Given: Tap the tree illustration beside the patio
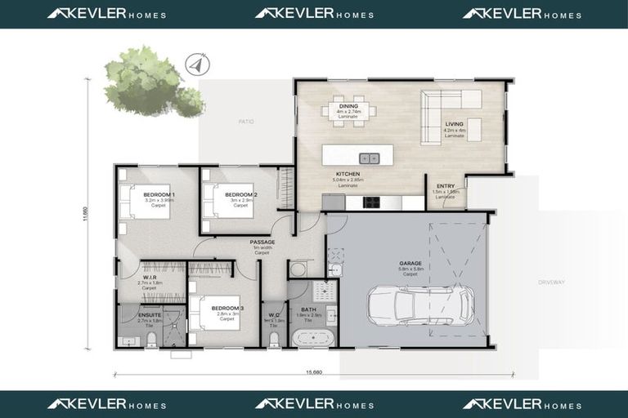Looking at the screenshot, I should click(x=148, y=82).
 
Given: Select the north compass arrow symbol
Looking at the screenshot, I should click(x=195, y=62).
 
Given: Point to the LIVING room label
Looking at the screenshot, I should click(x=454, y=125).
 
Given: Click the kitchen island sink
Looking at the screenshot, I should click(x=370, y=158).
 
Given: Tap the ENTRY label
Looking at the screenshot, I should click(x=446, y=186).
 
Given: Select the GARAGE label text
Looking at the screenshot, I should click(x=409, y=263).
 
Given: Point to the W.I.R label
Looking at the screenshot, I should click(x=149, y=277).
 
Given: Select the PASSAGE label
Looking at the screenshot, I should click(x=262, y=242).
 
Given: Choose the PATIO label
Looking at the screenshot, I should click(x=246, y=122).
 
